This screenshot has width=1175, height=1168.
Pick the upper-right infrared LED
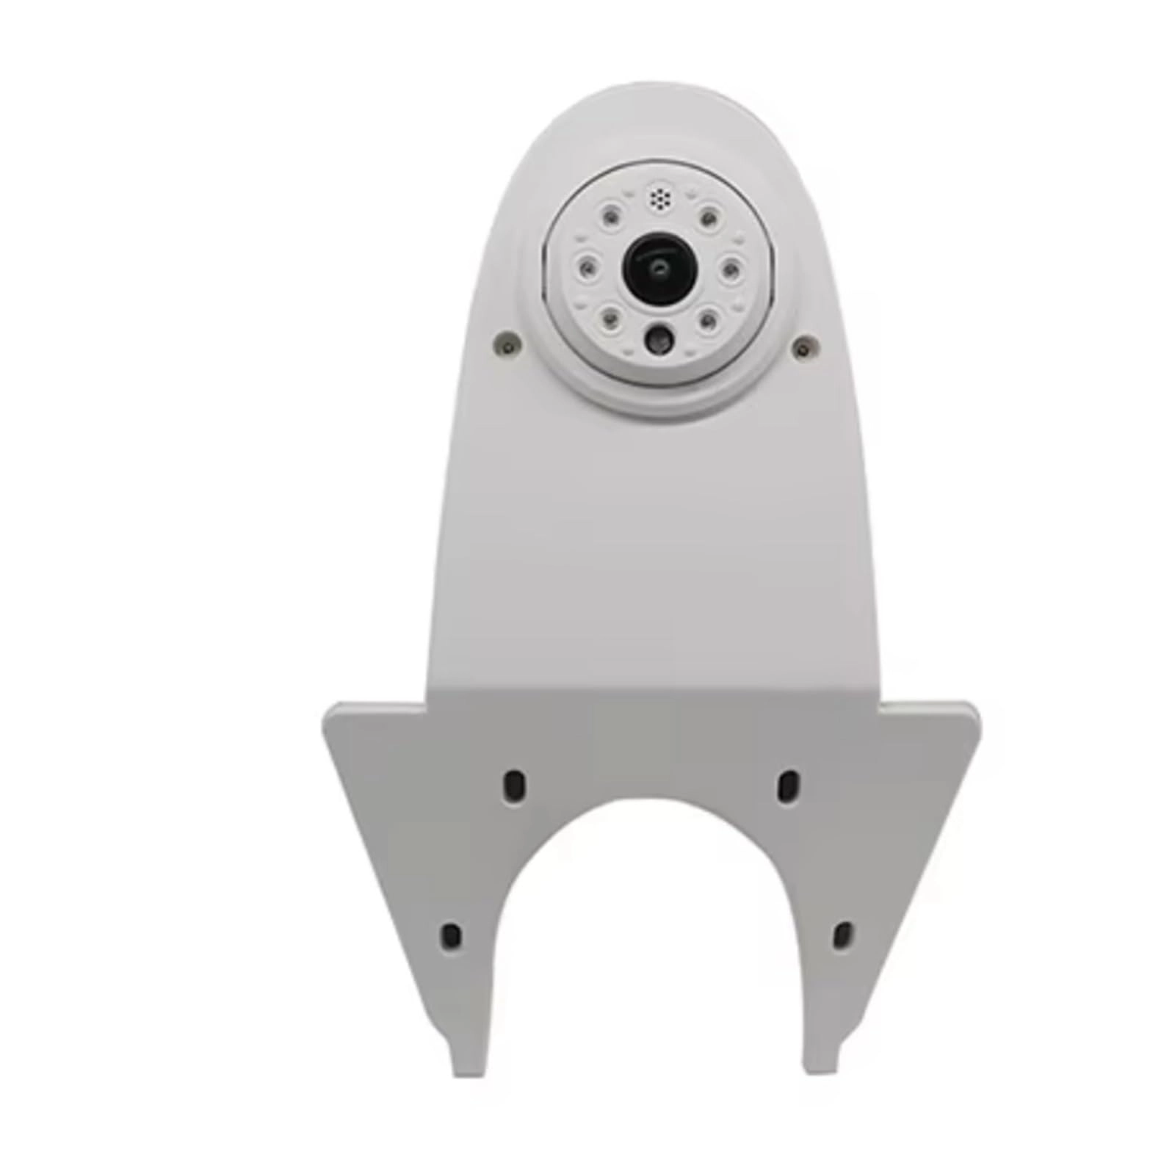[x=708, y=216]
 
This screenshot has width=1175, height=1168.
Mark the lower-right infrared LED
[x=707, y=319]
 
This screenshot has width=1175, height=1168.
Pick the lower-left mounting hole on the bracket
[x=451, y=935]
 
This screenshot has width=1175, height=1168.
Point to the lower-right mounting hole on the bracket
[x=842, y=934]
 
